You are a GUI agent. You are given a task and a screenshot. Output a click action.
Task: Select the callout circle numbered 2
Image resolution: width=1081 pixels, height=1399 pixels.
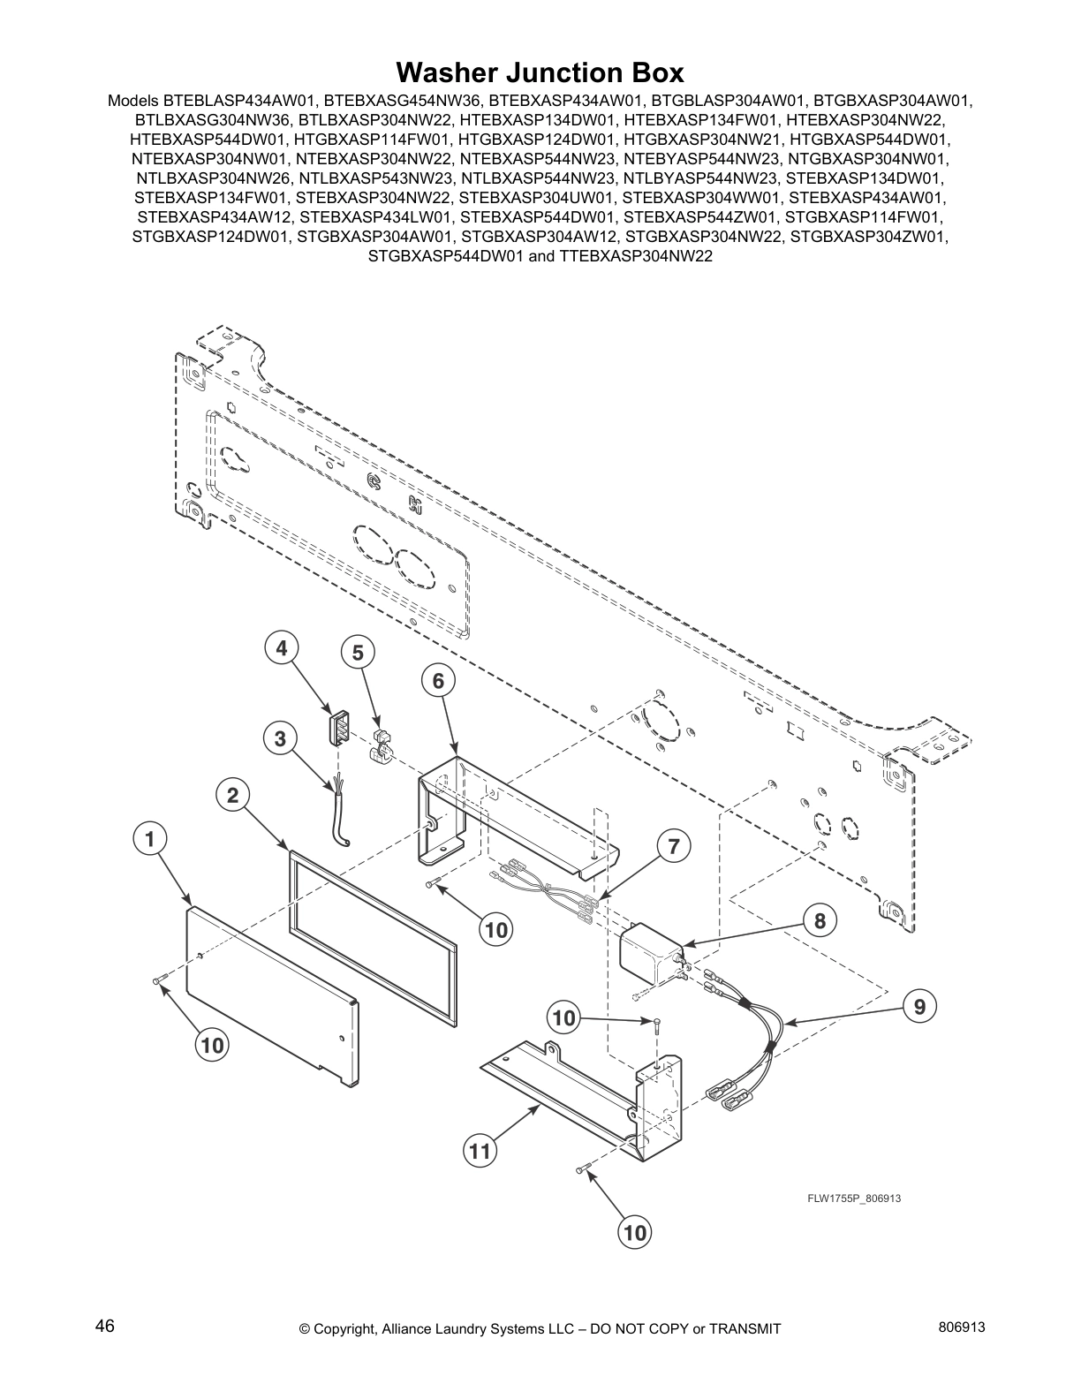click(232, 796)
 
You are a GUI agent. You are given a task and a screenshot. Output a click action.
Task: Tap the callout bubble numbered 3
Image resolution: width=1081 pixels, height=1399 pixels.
click(280, 738)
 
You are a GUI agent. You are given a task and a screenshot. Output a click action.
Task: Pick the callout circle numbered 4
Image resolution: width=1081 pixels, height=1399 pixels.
click(281, 648)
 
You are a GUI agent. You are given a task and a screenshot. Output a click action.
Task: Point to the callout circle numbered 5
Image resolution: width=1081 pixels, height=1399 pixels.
click(358, 653)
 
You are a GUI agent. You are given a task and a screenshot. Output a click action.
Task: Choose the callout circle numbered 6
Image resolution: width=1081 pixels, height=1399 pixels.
click(438, 681)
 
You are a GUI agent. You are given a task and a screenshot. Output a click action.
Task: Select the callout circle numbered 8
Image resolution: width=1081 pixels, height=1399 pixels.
click(820, 921)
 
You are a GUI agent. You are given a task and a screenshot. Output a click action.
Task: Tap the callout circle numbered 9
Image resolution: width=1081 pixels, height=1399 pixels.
click(919, 1005)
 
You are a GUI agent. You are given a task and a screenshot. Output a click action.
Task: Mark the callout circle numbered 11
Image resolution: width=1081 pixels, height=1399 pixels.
click(480, 1151)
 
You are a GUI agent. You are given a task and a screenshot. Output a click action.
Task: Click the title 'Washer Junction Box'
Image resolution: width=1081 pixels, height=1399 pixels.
click(540, 71)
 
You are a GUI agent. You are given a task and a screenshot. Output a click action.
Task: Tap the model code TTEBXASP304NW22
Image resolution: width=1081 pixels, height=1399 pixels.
click(636, 256)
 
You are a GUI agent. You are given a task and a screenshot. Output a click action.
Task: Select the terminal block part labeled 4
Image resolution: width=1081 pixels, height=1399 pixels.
click(336, 727)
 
